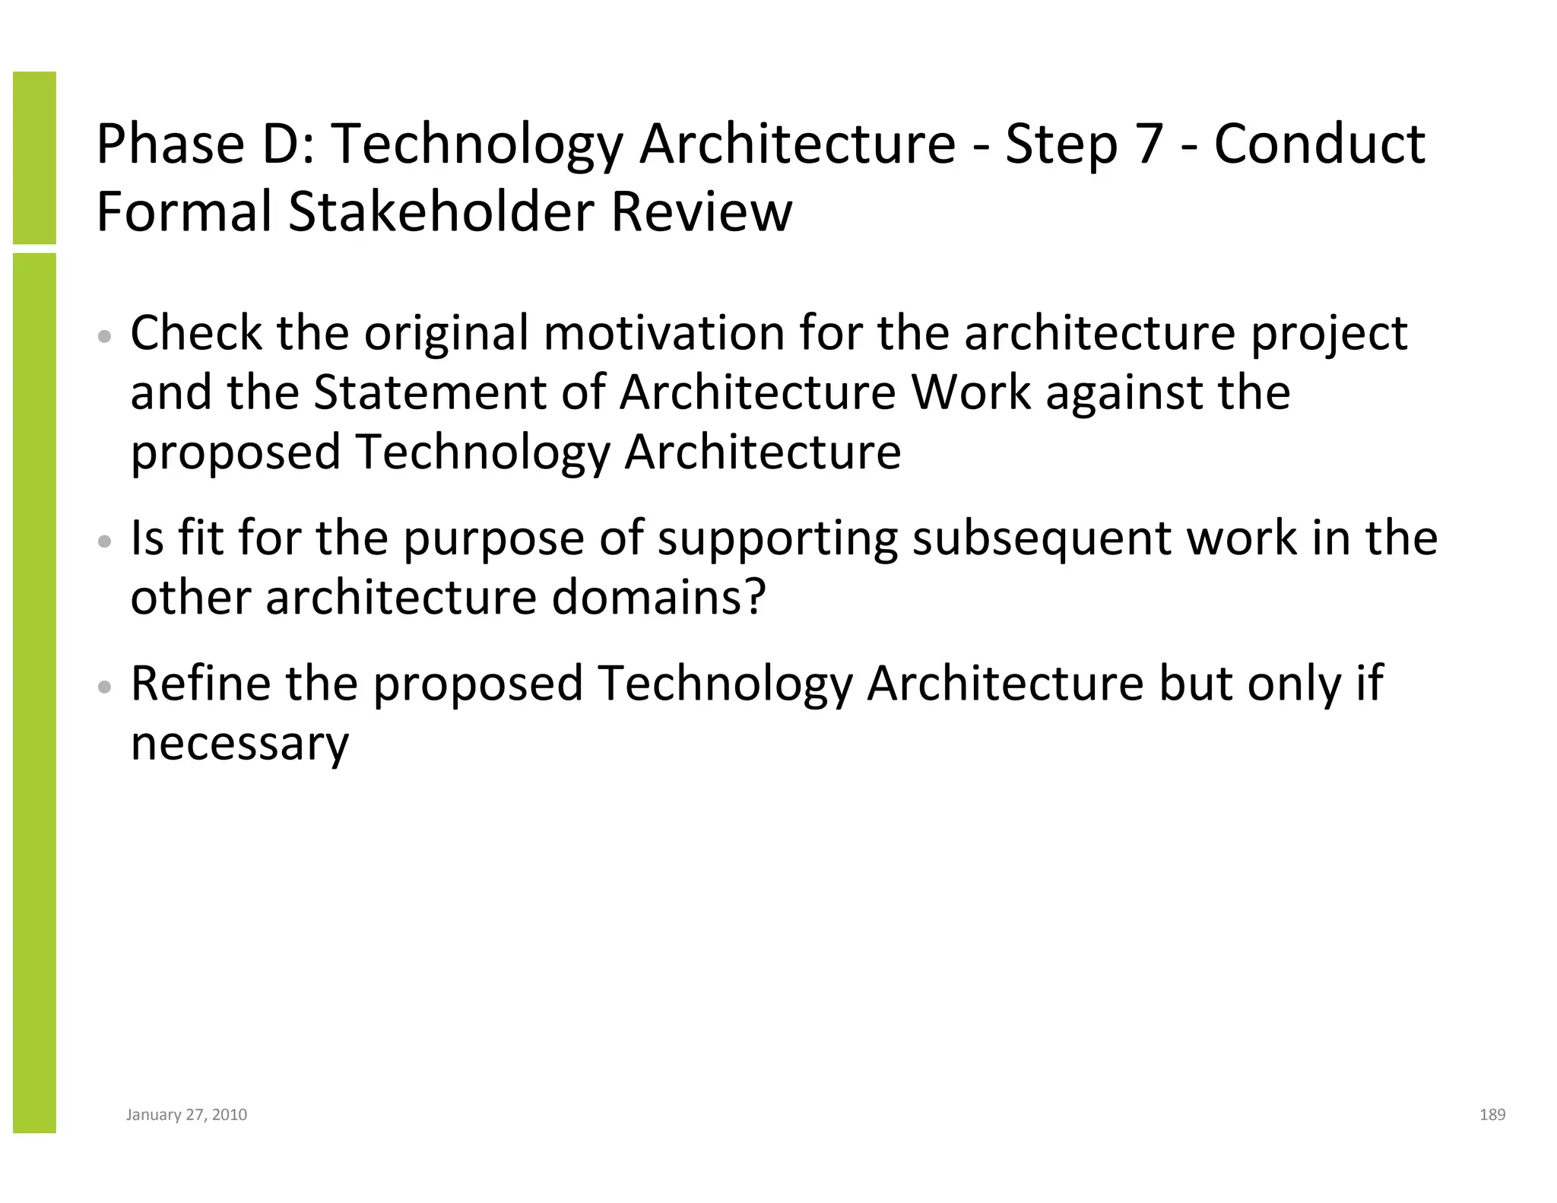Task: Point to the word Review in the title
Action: (701, 211)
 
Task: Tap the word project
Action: (1329, 335)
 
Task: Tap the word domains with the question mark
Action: (658, 598)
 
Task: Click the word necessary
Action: (239, 744)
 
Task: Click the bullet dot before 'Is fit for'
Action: (106, 541)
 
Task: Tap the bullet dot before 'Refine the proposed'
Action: (106, 687)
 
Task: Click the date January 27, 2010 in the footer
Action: (186, 1115)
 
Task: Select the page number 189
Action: (1492, 1115)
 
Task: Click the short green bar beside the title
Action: (34, 157)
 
